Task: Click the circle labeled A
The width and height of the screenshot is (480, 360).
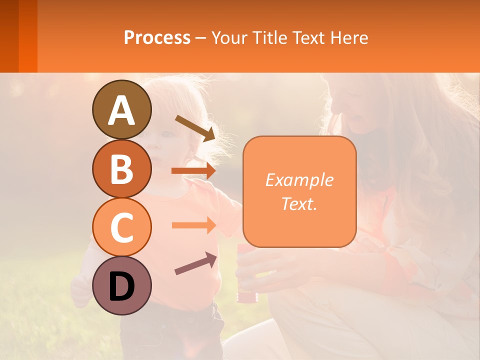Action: [x=122, y=109]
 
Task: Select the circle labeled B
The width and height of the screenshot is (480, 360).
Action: [x=122, y=168]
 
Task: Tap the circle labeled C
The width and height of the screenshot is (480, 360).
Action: [x=122, y=227]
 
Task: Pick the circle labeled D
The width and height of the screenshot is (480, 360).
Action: [x=122, y=285]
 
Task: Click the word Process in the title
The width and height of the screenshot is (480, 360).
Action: [x=157, y=37]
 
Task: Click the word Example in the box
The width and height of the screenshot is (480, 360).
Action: [x=299, y=180]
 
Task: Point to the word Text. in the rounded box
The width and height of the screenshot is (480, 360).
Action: [x=299, y=203]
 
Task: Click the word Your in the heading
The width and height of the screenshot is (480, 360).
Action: [x=230, y=37]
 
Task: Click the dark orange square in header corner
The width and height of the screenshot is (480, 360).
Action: [x=18, y=36]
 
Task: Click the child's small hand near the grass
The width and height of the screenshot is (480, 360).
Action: [x=80, y=290]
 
